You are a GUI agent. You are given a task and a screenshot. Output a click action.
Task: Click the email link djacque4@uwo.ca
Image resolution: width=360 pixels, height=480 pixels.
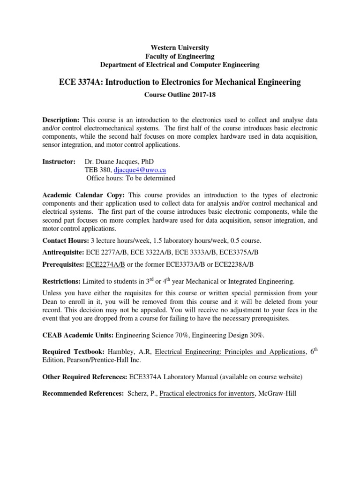click(140, 170)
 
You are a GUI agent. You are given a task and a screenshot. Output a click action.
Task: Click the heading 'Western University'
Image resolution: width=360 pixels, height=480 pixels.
click(180, 48)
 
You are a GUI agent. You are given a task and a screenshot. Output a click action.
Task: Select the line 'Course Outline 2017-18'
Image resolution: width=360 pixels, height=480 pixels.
click(180, 94)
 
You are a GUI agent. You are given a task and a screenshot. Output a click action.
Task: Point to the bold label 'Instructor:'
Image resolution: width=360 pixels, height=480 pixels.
click(59, 161)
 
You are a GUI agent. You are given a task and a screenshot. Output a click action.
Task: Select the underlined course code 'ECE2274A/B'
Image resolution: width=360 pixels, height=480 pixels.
click(105, 264)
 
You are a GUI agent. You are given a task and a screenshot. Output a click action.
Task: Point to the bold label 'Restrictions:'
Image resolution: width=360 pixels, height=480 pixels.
click(61, 281)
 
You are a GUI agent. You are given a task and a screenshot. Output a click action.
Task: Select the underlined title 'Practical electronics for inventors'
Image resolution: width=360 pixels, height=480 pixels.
click(207, 393)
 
